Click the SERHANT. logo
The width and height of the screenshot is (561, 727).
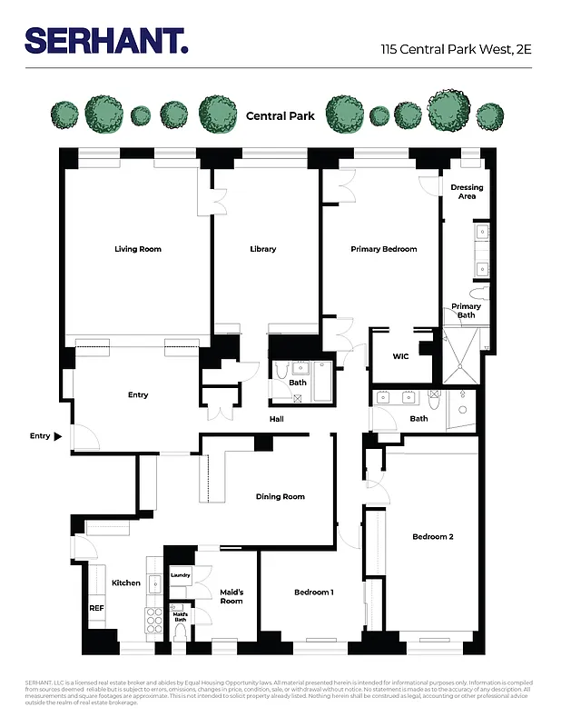(x=106, y=40)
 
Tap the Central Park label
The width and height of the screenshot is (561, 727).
(x=280, y=116)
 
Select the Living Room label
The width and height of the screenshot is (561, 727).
(x=137, y=249)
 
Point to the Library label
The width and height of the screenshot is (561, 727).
(x=263, y=249)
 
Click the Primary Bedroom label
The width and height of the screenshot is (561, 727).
(x=384, y=249)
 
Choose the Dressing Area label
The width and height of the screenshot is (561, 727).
(x=467, y=192)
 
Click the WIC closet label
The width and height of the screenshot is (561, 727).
(x=400, y=356)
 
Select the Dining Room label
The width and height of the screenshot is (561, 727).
(x=280, y=497)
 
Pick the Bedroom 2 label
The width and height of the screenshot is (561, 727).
(x=432, y=537)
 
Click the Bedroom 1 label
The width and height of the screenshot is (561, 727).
(x=313, y=593)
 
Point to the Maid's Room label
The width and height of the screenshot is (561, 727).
(x=231, y=596)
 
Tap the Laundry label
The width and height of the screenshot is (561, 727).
(x=180, y=575)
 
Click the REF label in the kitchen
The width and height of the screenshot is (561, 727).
(x=95, y=608)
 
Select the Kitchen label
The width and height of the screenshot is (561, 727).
(x=126, y=583)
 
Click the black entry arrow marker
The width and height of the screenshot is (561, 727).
(x=58, y=436)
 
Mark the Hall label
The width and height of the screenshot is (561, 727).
(x=277, y=419)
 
